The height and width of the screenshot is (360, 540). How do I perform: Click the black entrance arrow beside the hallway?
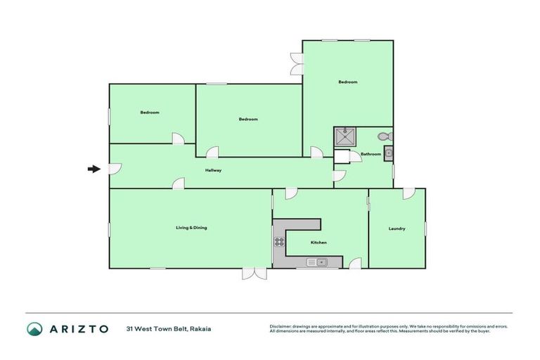coord(93,169)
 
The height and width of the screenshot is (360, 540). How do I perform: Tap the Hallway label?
coord(213,171)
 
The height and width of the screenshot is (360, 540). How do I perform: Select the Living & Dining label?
coord(191,228)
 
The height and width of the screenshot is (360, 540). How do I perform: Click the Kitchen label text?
coord(319,243)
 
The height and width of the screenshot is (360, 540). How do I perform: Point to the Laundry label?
coord(397,229)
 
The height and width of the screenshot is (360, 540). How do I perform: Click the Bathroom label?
coord(371,154)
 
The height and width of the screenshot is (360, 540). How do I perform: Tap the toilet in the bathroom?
coord(385,136)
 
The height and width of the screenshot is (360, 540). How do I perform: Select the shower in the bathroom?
coord(345,136)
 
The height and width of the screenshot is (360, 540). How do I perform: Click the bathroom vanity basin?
coord(388,153)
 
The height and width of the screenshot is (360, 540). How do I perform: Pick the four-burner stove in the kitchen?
coord(279,243)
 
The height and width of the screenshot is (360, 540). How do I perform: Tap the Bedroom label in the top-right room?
coord(348,82)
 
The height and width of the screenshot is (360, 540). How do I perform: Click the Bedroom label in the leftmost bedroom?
coord(150,112)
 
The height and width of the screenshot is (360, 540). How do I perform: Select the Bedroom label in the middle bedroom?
coord(248,119)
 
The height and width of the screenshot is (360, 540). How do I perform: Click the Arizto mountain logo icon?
coord(34,328)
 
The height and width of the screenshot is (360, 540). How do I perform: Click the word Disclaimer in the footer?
coord(283,326)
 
